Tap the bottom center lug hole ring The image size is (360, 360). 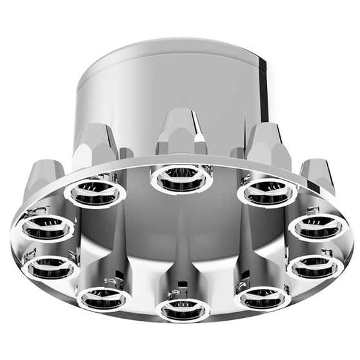183,308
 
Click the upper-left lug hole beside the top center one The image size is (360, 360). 95,192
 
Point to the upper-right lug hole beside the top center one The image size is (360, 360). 267,192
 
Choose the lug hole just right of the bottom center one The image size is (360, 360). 262,296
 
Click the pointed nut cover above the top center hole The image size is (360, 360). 181,132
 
